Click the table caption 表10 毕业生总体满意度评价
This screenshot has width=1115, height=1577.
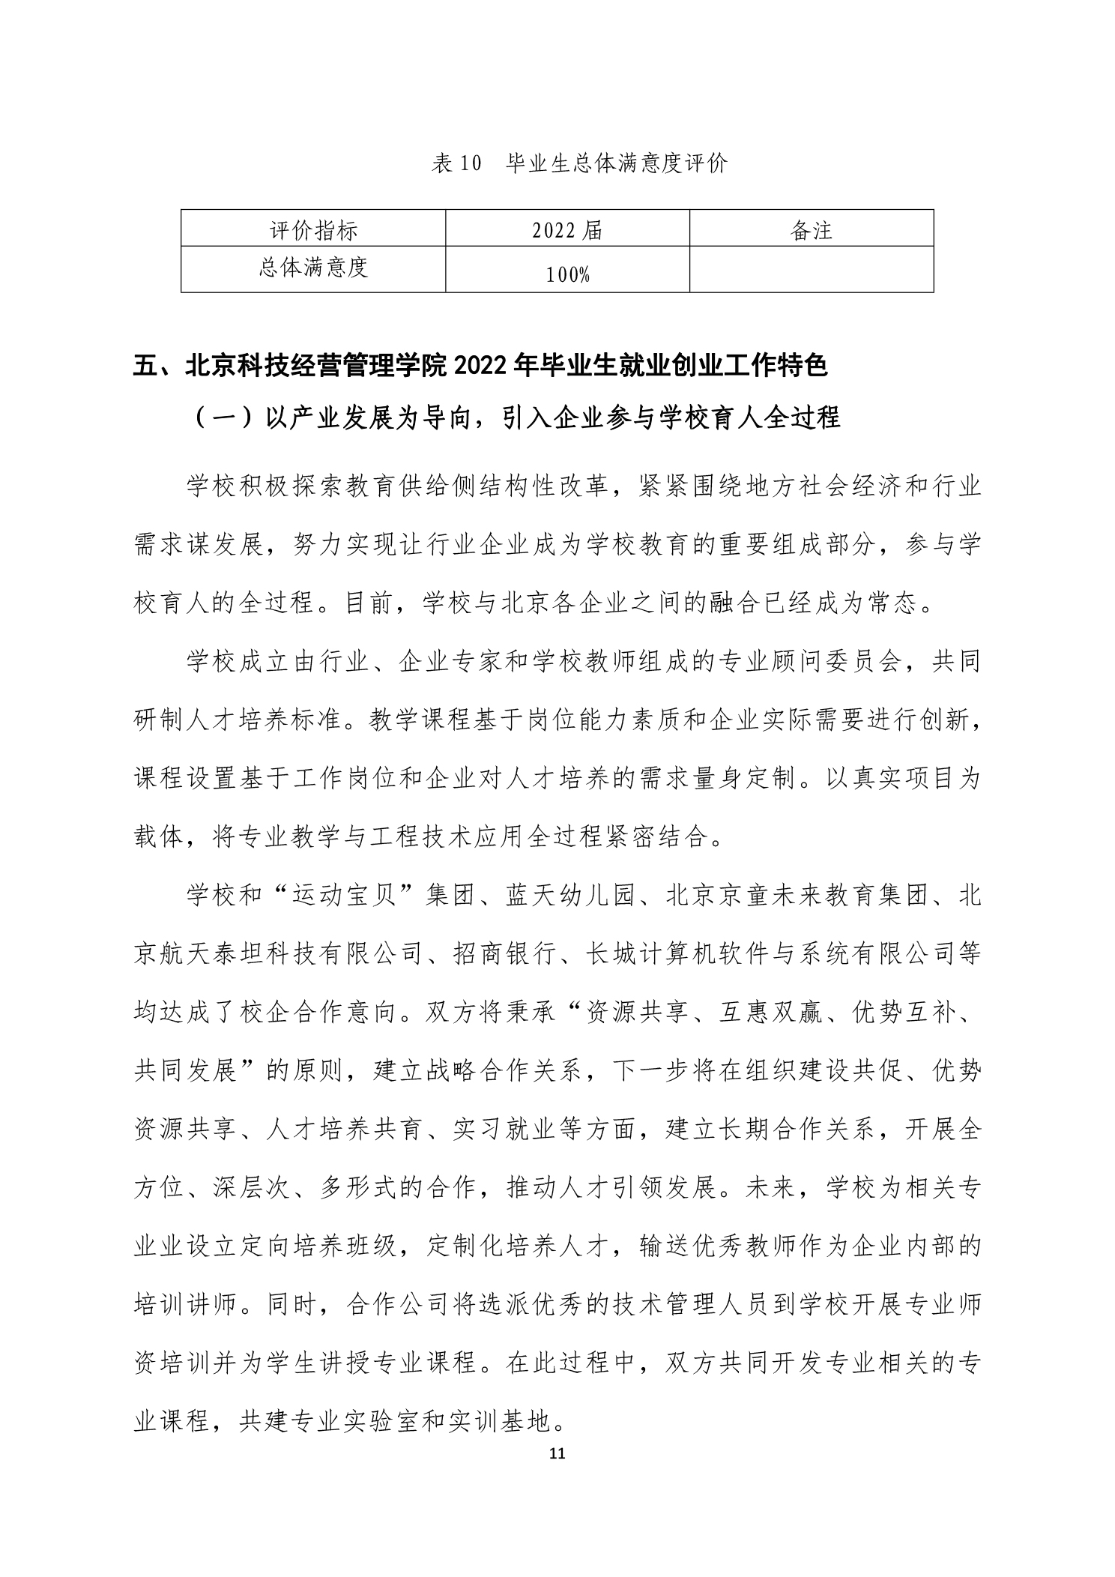(578, 163)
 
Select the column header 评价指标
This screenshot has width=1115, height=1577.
(313, 231)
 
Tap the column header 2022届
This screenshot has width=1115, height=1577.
(567, 231)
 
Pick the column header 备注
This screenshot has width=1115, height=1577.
(812, 231)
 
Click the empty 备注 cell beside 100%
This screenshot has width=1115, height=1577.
(812, 269)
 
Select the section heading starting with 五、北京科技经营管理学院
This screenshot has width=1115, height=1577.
(480, 367)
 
